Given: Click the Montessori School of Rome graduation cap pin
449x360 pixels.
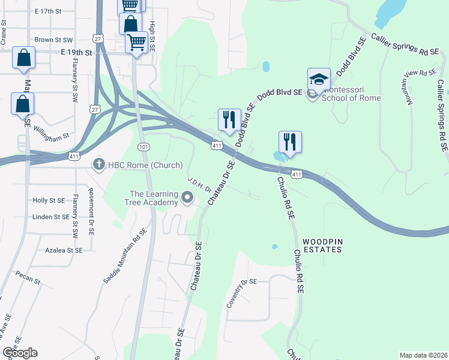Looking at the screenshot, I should click(319, 79).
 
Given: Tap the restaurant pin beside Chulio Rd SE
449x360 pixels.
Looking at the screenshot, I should click(290, 142).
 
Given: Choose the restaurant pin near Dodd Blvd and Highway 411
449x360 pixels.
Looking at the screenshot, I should click(229, 120).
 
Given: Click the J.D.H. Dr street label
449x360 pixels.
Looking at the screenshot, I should click(199, 184).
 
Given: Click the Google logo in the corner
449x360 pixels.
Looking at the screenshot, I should click(20, 353).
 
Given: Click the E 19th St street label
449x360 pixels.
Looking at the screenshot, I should click(76, 53).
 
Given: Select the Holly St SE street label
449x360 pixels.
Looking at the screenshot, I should click(49, 200).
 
